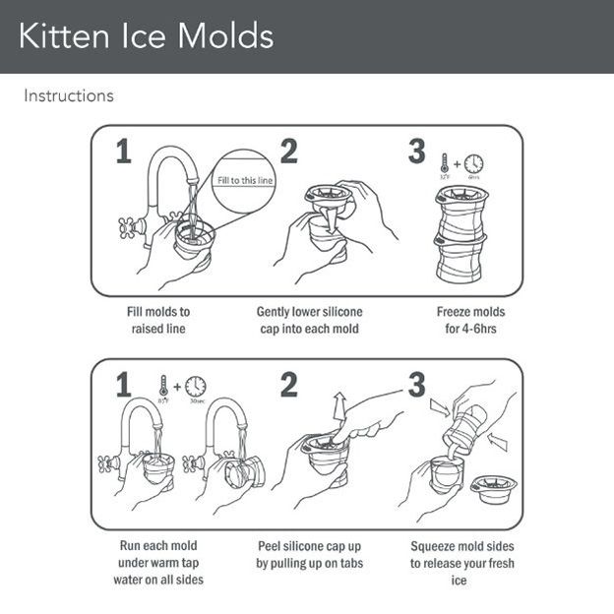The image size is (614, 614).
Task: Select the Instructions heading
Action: click(68, 95)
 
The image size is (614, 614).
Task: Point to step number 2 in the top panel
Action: click(287, 152)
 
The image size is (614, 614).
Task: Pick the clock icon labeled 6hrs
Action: click(473, 163)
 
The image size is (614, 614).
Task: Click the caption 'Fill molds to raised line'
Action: click(158, 320)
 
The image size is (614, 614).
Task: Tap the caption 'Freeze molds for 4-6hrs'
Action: click(470, 320)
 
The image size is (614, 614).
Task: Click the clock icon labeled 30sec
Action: click(196, 386)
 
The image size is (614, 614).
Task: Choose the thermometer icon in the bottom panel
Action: click(163, 386)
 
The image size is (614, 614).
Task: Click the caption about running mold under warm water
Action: click(158, 562)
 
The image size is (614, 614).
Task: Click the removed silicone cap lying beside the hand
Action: click(493, 487)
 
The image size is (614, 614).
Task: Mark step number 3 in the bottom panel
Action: click(416, 385)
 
